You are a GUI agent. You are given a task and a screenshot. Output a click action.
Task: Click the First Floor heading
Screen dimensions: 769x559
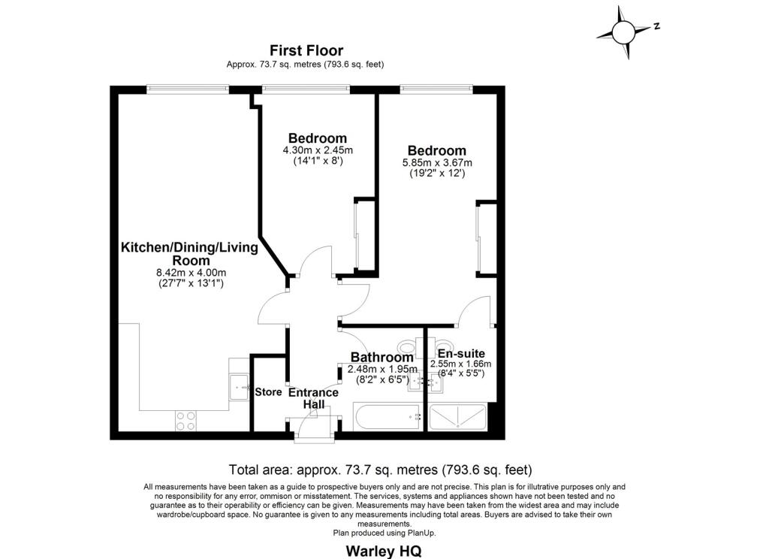pyautogui.click(x=306, y=50)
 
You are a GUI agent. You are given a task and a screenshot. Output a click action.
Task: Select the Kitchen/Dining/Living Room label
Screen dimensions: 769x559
pyautogui.click(x=190, y=253)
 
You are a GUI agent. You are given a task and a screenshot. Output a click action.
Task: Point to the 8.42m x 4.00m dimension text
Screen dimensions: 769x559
pyautogui.click(x=191, y=273)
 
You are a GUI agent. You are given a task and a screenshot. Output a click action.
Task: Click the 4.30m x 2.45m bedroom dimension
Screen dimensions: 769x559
pyautogui.click(x=318, y=150)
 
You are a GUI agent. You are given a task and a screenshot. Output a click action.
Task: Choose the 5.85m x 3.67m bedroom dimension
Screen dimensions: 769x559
pyautogui.click(x=437, y=162)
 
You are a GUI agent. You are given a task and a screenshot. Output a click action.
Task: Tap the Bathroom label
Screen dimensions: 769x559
pyautogui.click(x=381, y=357)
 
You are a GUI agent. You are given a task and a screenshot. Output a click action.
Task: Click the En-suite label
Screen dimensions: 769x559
pyautogui.click(x=461, y=353)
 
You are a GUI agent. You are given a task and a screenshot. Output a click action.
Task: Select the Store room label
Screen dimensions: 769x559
pyautogui.click(x=268, y=392)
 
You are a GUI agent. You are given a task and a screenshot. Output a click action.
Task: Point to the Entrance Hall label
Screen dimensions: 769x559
pyautogui.click(x=313, y=398)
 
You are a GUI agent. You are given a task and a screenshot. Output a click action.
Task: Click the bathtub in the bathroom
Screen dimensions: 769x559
pyautogui.click(x=388, y=417)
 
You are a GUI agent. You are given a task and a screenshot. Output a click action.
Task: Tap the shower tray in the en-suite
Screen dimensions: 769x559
pyautogui.click(x=457, y=417)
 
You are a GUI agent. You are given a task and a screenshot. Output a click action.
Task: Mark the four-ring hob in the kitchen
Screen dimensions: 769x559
pyautogui.click(x=186, y=421)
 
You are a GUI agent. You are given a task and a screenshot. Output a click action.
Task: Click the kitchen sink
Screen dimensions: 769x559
pyautogui.click(x=240, y=387)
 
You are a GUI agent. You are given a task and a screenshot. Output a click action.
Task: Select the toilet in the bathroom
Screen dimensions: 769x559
pyautogui.click(x=409, y=348)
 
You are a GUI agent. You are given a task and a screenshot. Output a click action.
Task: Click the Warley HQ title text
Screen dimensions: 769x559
pyautogui.click(x=384, y=551)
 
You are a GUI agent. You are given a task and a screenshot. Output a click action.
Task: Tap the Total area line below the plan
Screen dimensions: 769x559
pyautogui.click(x=381, y=470)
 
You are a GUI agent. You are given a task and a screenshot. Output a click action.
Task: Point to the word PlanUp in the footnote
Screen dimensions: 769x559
pyautogui.click(x=421, y=533)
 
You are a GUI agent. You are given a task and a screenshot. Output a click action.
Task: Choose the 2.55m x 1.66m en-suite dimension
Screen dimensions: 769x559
pyautogui.click(x=460, y=364)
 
